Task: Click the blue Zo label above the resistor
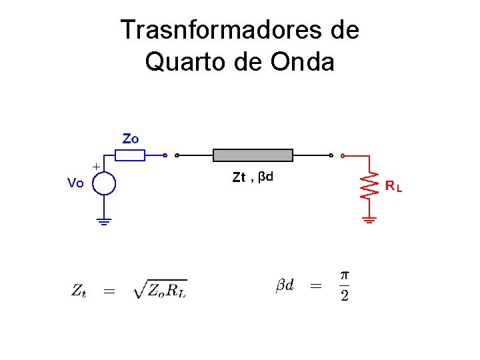pos(131,139)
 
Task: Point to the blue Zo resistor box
pos(129,155)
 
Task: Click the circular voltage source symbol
pos(103,182)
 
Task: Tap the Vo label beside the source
pos(75,183)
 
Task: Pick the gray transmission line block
pos(253,155)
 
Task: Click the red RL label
pos(393,187)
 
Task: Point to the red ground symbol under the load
pos(369,219)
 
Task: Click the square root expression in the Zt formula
pos(161,289)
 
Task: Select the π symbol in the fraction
pos(344,275)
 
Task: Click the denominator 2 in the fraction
pos(344,296)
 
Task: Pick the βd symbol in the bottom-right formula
pos(285,285)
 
